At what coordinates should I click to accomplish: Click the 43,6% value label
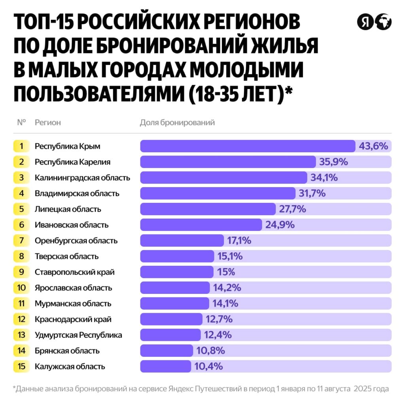[x=373, y=146]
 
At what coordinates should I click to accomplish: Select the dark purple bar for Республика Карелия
[x=228, y=162]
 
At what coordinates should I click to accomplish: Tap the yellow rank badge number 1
[x=22, y=146]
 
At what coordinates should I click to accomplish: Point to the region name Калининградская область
[x=82, y=178]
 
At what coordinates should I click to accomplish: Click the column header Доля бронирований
[x=177, y=122]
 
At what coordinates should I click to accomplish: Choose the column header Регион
[x=48, y=122]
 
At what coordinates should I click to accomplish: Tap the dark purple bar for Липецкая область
[x=208, y=209]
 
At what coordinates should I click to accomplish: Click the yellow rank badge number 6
[x=22, y=225]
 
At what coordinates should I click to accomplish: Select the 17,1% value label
[x=239, y=240]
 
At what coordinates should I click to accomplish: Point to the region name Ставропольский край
[x=74, y=272]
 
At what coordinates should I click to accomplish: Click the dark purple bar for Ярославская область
[x=175, y=288]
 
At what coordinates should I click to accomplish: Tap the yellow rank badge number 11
[x=22, y=303]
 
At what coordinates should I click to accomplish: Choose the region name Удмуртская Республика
[x=78, y=335]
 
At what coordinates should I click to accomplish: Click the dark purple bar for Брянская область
[x=167, y=351]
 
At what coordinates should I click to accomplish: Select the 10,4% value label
[x=208, y=366]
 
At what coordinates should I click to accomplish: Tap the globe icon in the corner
[x=383, y=22]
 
